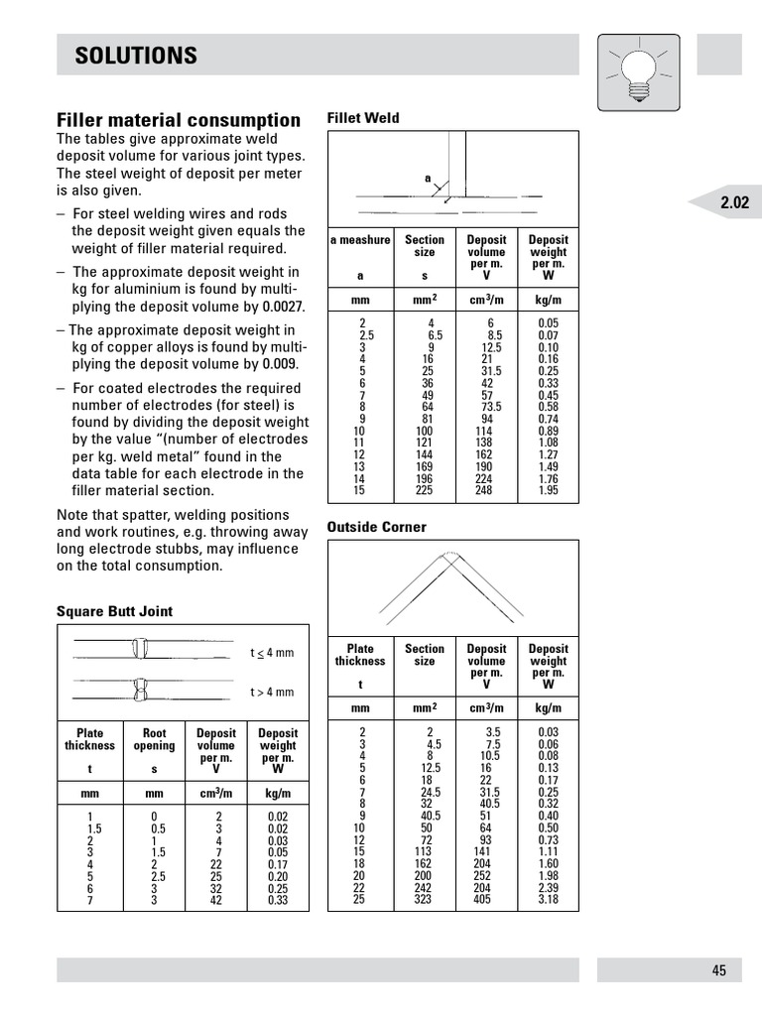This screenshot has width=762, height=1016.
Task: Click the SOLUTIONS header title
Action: pos(136,56)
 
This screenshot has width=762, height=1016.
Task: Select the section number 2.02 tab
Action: pos(734,203)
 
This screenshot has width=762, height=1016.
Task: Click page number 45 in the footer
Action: pos(718,970)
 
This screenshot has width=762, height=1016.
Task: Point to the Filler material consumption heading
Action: pos(179,120)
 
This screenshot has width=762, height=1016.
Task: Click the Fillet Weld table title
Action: pos(363,118)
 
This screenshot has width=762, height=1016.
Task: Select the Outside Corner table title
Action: pos(377,527)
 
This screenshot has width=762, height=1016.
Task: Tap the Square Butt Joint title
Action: pos(114,611)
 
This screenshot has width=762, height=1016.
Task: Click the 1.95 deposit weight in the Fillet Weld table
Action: pos(548,491)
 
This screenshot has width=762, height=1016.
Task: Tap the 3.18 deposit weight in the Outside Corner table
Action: pos(548,900)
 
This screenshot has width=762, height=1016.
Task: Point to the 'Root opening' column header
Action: pos(154,740)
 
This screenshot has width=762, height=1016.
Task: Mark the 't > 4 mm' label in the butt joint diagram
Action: pos(272,692)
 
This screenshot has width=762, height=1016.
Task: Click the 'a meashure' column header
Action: pos(360,240)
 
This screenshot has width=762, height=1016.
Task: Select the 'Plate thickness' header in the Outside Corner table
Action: pos(360,655)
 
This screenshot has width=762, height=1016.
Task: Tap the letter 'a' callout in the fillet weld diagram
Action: pos(429,179)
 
